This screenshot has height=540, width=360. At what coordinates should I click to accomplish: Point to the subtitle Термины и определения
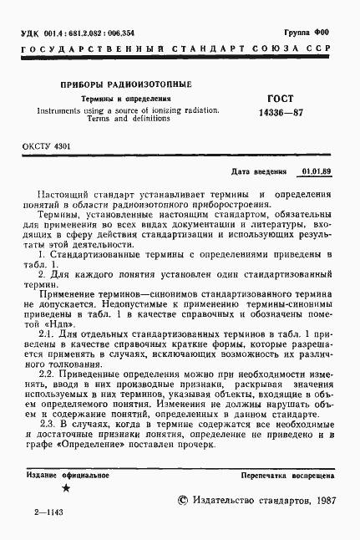(124, 99)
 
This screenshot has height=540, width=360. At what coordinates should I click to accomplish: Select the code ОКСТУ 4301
(47, 146)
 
